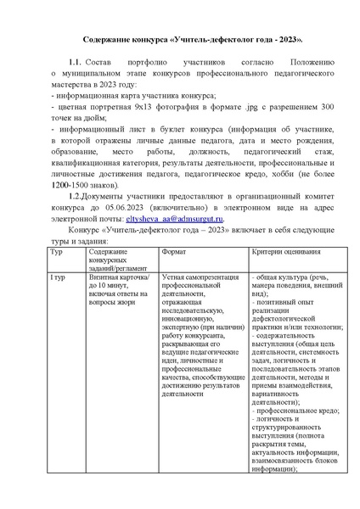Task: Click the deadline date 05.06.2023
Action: [106, 207]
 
